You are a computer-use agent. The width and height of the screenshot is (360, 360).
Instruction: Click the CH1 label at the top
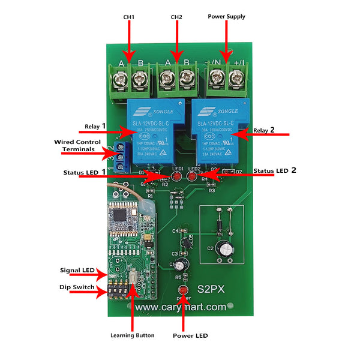128,17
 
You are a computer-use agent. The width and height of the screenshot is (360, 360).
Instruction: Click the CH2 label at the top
176,17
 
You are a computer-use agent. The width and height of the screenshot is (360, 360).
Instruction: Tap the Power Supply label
226,16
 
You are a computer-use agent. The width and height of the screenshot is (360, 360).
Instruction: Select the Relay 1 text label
95,127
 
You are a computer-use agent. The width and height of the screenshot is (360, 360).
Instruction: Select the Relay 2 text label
264,130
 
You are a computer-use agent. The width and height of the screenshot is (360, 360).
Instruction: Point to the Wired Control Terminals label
77,145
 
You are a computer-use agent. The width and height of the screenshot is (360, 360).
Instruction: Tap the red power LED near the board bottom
182,291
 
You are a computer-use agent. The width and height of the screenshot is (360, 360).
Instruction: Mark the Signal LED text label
77,271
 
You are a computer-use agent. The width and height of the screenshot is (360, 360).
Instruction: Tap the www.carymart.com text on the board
180,307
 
